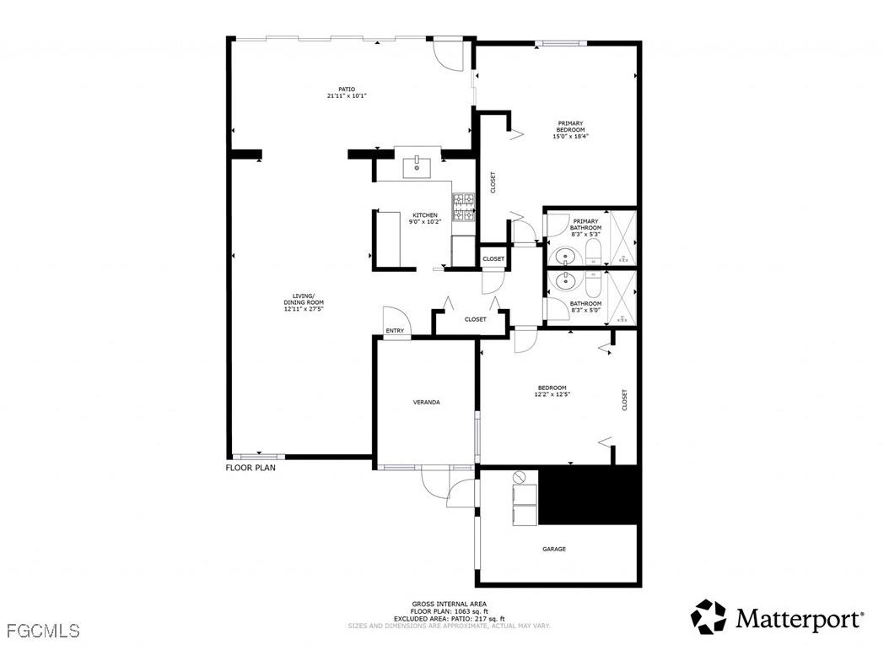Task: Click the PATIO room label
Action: click(346, 89)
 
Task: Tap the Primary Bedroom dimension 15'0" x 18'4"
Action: click(570, 136)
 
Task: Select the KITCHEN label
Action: click(424, 215)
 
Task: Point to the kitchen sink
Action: click(417, 166)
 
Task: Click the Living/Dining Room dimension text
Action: click(303, 309)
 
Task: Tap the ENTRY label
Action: click(395, 331)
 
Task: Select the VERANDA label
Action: click(426, 402)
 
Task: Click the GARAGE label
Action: click(553, 549)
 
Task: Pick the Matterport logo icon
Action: click(708, 617)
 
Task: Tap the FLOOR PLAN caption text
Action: click(250, 467)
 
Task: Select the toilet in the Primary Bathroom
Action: click(593, 252)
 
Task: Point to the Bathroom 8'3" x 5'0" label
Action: click(585, 306)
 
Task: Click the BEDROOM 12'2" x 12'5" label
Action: click(551, 391)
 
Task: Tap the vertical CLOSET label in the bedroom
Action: click(624, 399)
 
